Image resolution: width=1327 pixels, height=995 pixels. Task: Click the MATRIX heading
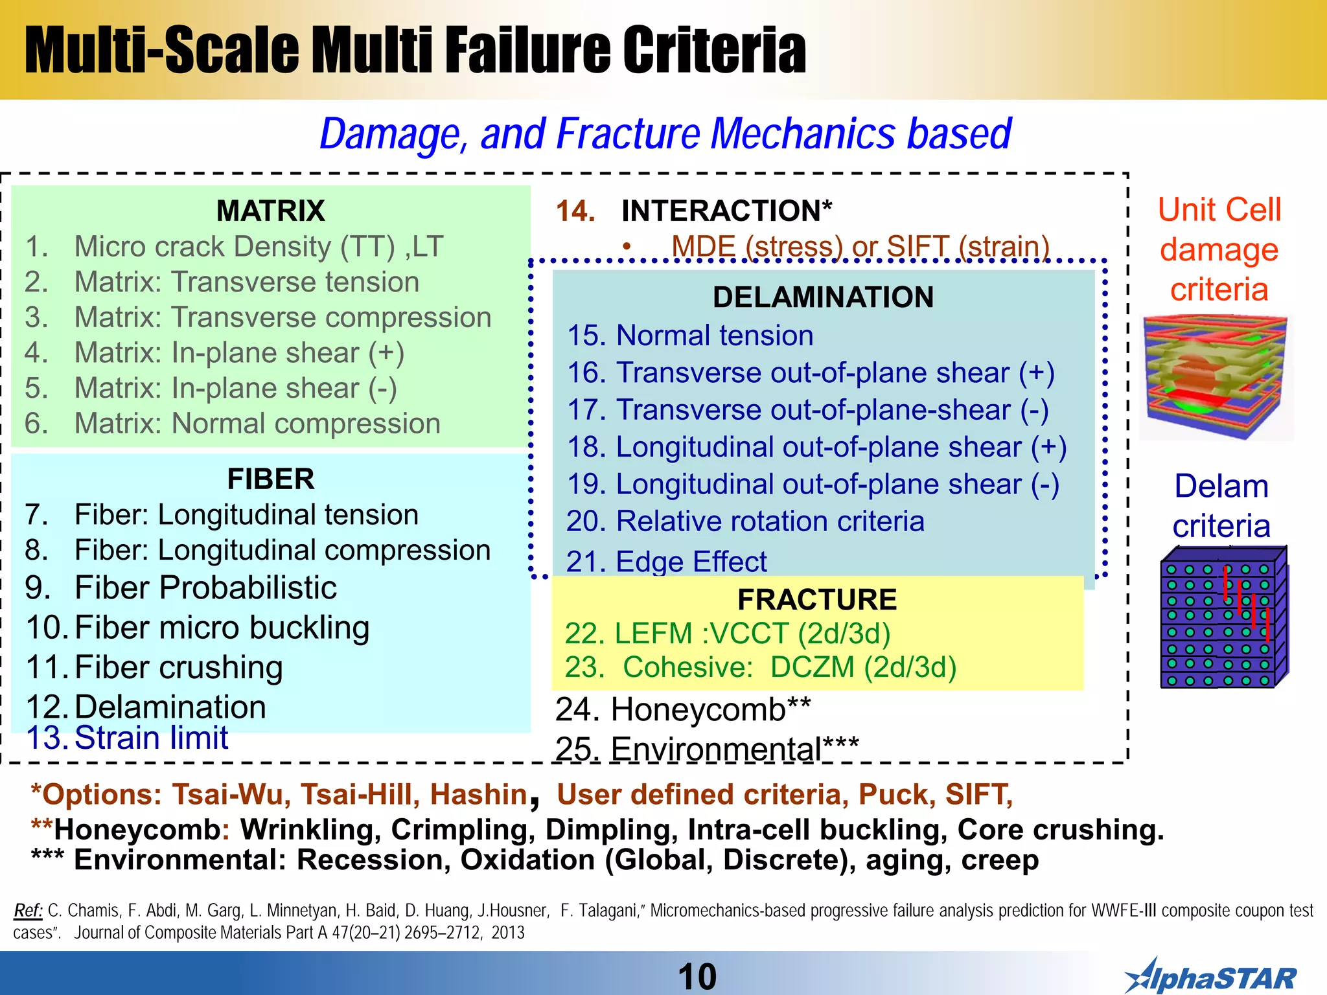click(x=270, y=211)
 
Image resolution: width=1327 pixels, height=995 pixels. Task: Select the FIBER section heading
click(x=270, y=479)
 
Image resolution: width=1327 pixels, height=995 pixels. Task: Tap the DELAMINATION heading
click(x=823, y=297)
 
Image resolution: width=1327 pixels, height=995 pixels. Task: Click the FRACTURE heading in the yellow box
click(x=817, y=599)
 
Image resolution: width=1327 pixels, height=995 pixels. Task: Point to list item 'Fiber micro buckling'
click(x=222, y=628)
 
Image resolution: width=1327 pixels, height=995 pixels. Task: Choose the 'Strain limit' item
click(x=151, y=738)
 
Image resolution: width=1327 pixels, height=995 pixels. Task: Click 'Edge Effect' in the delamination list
click(x=691, y=562)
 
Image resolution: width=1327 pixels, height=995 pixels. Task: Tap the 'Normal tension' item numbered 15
click(x=714, y=336)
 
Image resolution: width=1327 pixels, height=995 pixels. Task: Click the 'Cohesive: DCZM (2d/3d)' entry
click(x=789, y=667)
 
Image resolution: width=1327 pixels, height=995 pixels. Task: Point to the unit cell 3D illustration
click(x=1216, y=376)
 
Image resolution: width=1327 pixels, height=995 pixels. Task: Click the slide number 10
click(x=697, y=976)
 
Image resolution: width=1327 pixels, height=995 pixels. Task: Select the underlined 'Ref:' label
click(x=28, y=910)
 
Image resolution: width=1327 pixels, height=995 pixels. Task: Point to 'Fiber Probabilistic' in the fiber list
click(x=205, y=588)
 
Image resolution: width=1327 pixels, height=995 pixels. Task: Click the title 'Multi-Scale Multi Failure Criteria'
click(x=415, y=51)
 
